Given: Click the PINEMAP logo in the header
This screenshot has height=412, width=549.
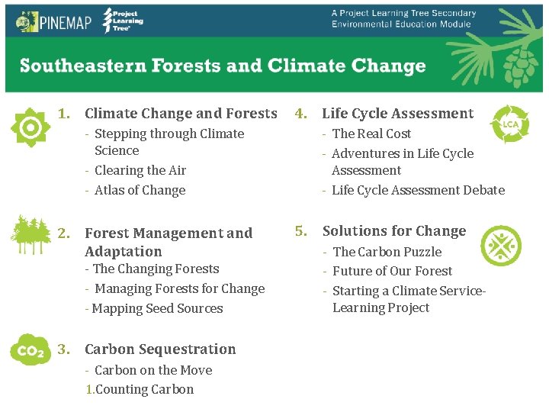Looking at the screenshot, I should (x=53, y=21).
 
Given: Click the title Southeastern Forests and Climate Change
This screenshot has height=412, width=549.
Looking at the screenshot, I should (x=223, y=66).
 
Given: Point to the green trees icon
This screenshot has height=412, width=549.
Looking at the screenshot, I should (x=30, y=234).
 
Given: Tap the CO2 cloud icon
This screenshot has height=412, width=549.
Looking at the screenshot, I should (x=30, y=350).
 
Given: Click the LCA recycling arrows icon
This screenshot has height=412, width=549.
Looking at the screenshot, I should (x=509, y=124).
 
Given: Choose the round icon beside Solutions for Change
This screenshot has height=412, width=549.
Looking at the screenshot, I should (x=501, y=246).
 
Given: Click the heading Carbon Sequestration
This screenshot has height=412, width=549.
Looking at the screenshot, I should (x=160, y=349).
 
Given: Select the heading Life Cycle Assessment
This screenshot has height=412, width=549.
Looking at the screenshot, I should (x=397, y=114).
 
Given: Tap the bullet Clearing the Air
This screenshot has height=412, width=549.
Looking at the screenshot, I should (x=140, y=170).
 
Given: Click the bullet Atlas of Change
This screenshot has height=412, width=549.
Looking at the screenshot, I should (x=140, y=190).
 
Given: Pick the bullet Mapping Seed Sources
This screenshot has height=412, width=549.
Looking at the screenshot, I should (x=158, y=308).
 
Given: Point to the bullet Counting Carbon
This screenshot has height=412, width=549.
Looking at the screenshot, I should (x=144, y=389).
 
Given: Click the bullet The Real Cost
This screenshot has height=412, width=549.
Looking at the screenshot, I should (x=371, y=134).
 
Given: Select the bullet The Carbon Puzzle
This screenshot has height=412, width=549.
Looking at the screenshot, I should (x=387, y=252).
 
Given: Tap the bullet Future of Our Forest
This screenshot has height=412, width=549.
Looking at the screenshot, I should (x=392, y=271).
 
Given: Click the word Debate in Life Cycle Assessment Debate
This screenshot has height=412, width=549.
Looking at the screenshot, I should (x=484, y=190).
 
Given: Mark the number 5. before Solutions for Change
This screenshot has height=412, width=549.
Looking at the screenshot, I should (x=302, y=230).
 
